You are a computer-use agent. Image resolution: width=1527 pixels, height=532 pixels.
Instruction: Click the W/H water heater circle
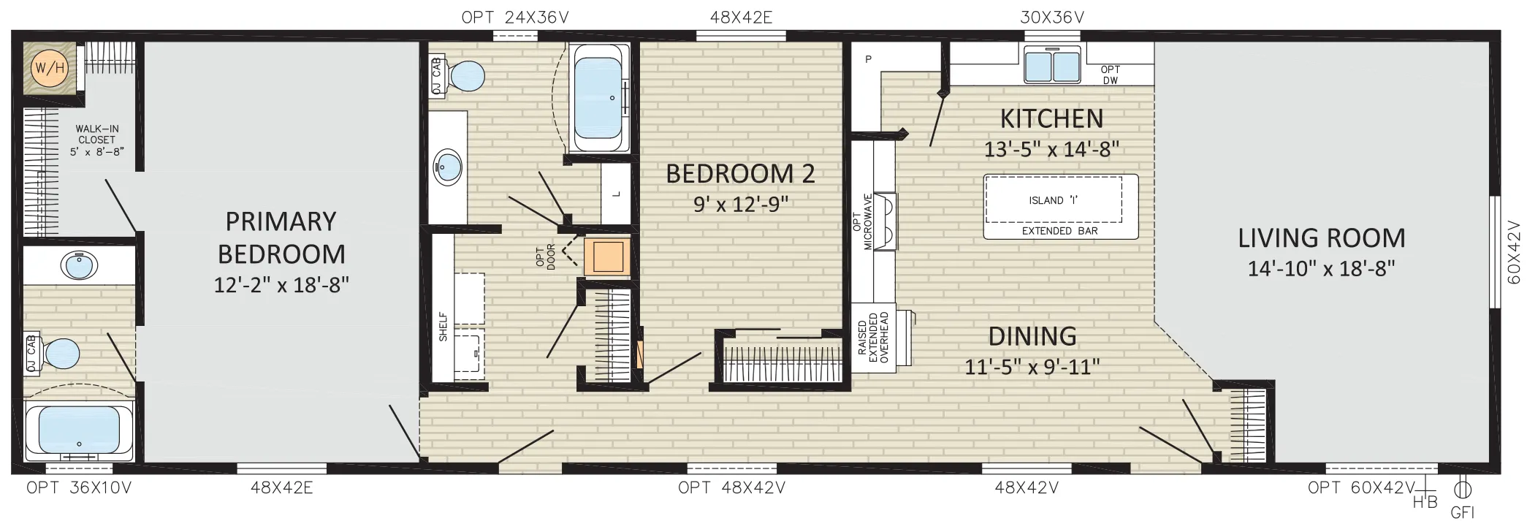[50, 68]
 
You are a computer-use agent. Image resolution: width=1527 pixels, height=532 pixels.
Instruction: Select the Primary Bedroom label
[281, 237]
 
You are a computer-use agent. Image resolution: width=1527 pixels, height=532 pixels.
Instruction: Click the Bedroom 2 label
[740, 174]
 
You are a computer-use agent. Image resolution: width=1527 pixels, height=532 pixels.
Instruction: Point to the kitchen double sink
[1052, 64]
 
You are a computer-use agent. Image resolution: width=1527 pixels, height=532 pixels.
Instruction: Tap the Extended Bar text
[1059, 231]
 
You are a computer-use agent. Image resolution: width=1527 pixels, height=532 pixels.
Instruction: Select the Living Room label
[1322, 237]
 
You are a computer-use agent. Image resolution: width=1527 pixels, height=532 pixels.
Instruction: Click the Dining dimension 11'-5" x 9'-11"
[1032, 366]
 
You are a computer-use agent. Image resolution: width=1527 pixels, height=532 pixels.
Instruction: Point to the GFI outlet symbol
[1463, 489]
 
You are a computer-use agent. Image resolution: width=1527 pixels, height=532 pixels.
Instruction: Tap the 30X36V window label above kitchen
[1052, 17]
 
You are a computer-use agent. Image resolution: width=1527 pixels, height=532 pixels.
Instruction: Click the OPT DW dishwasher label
[1111, 75]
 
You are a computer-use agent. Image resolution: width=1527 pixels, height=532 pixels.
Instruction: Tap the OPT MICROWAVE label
[864, 221]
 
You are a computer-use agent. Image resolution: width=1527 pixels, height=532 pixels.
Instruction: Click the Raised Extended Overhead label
[873, 338]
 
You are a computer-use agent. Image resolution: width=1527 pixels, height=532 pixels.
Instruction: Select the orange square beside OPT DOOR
[607, 257]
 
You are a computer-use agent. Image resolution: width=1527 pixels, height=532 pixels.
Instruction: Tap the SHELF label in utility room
[443, 327]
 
